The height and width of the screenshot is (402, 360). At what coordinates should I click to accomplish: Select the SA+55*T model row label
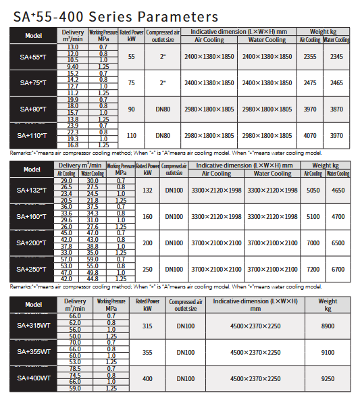click(x=32, y=57)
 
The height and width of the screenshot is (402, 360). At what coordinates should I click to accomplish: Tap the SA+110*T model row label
click(x=32, y=135)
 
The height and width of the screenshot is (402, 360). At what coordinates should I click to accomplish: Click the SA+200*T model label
click(x=32, y=243)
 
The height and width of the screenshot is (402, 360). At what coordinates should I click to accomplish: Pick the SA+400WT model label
click(x=32, y=378)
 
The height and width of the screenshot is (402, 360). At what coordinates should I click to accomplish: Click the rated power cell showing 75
click(x=132, y=82)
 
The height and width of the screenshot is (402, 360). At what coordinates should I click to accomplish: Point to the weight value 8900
click(x=328, y=326)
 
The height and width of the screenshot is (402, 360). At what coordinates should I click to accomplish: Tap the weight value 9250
click(x=328, y=379)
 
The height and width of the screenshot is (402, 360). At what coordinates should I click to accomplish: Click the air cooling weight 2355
click(x=311, y=57)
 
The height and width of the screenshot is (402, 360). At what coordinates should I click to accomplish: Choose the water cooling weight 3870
click(x=336, y=109)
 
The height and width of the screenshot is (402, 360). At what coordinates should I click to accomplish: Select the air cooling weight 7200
click(x=313, y=269)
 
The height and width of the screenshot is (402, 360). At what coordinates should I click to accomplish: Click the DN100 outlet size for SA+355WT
click(x=186, y=352)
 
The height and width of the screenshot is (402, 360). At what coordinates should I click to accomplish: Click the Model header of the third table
click(x=32, y=304)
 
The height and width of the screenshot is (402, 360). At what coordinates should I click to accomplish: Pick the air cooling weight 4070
click(x=311, y=135)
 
